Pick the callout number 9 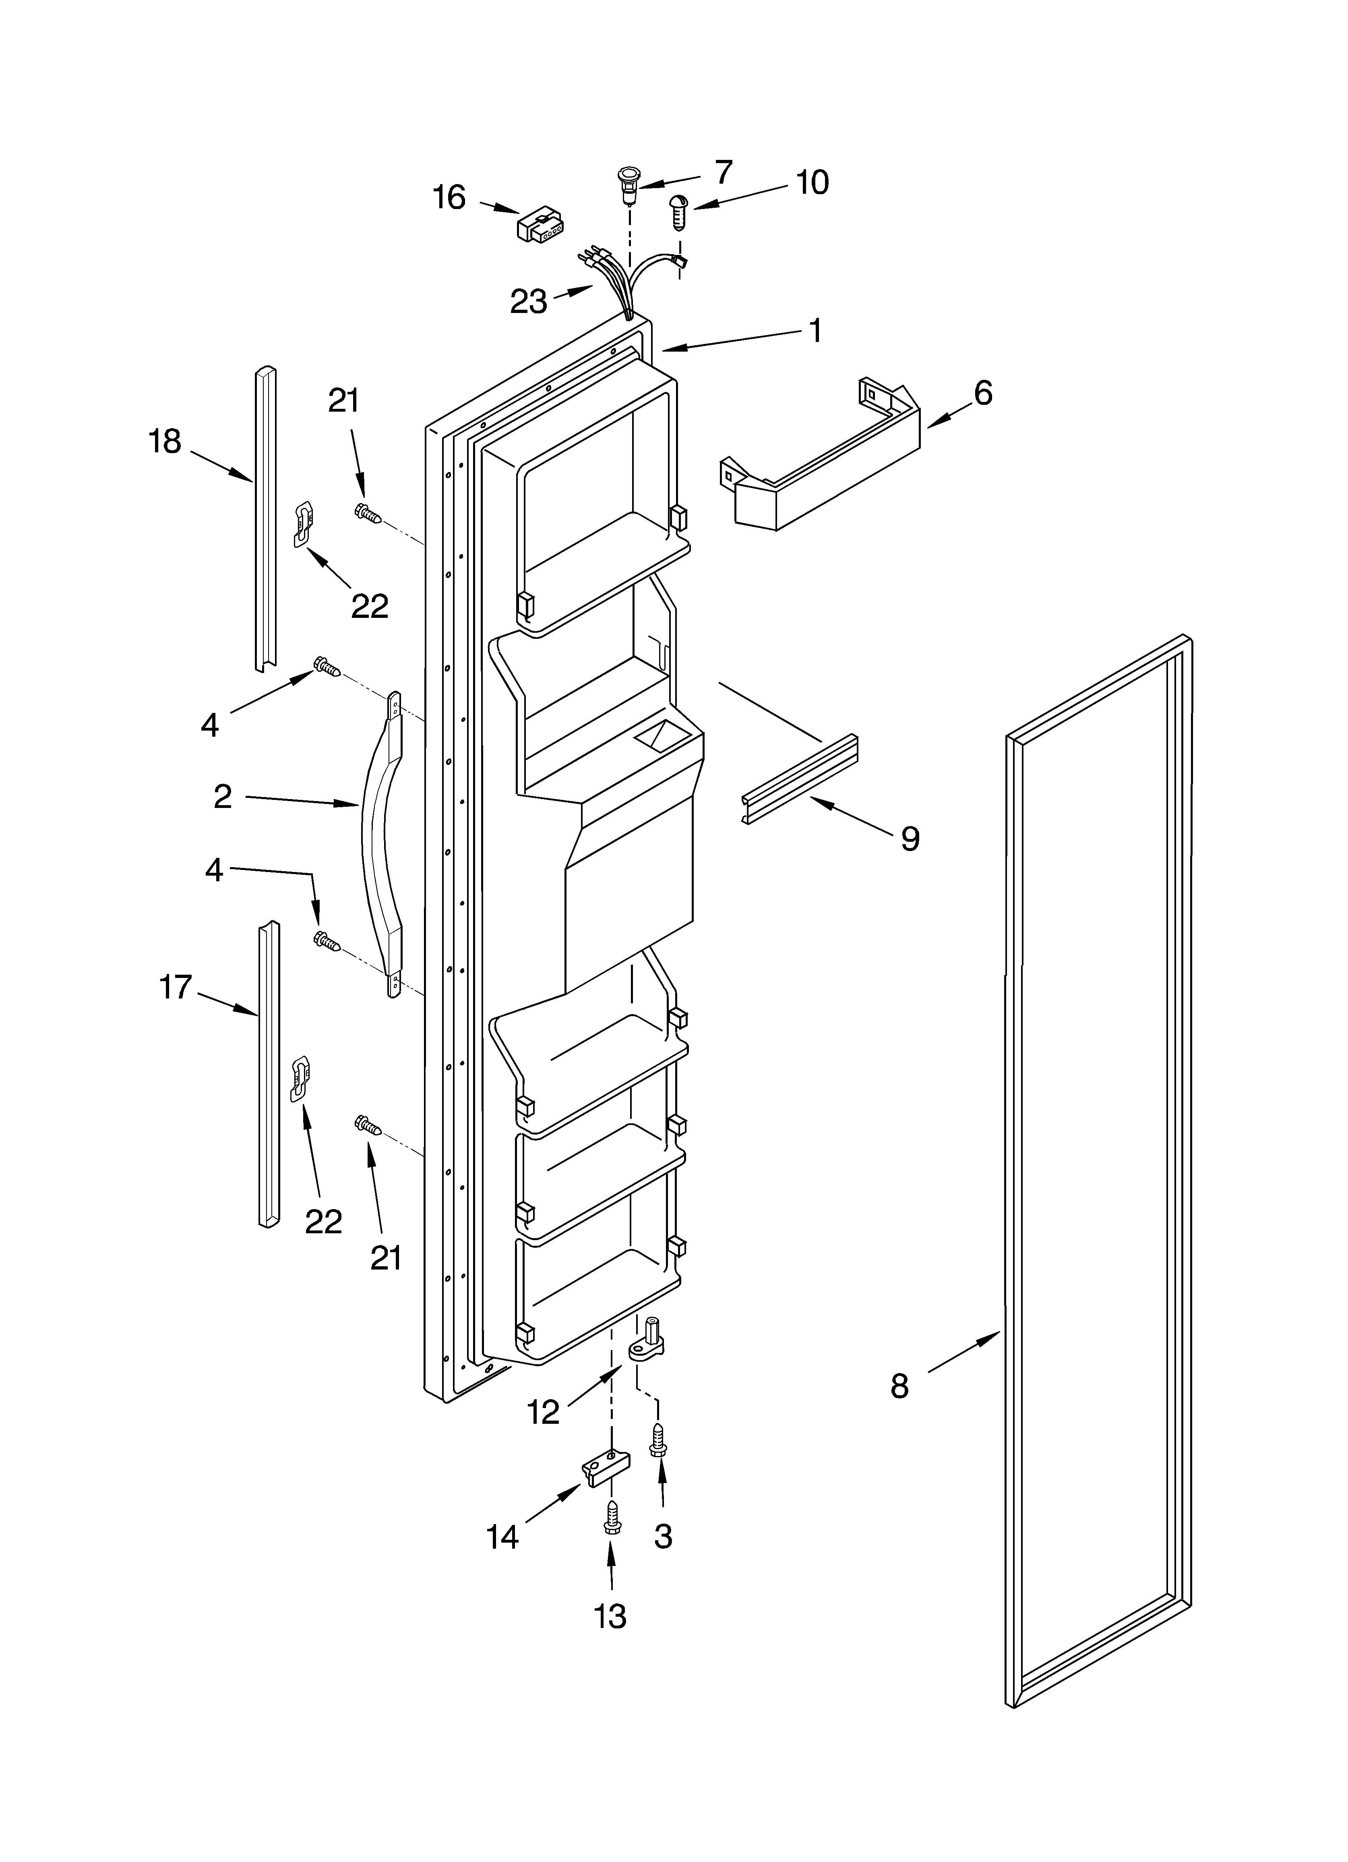[x=910, y=838]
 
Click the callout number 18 [x=165, y=442]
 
